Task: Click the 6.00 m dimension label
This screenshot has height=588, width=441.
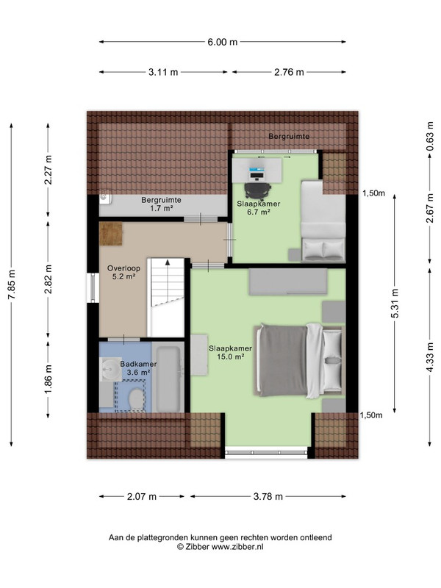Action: [223, 42]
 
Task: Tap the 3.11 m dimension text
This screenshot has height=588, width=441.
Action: [163, 72]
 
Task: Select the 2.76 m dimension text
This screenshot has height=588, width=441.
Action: [289, 72]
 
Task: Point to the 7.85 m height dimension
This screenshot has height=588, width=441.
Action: [12, 284]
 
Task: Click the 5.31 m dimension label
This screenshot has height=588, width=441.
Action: [395, 304]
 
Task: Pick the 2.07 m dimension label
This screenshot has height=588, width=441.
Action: [142, 497]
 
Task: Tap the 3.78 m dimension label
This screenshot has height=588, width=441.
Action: [268, 497]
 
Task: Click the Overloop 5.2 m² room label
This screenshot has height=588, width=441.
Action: [123, 273]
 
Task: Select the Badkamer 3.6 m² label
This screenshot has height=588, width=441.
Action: [138, 368]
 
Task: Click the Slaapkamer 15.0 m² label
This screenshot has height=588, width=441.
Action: [230, 353]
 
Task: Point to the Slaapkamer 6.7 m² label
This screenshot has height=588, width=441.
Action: [259, 208]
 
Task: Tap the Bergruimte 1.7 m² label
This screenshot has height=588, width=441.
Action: [161, 204]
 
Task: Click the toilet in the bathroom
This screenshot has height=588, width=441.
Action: [136, 400]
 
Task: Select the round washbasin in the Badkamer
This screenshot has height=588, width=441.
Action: [110, 369]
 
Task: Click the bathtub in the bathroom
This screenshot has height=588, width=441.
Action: [168, 379]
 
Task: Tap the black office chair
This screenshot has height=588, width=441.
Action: [258, 190]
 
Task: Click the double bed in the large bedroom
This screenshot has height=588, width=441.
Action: [299, 361]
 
